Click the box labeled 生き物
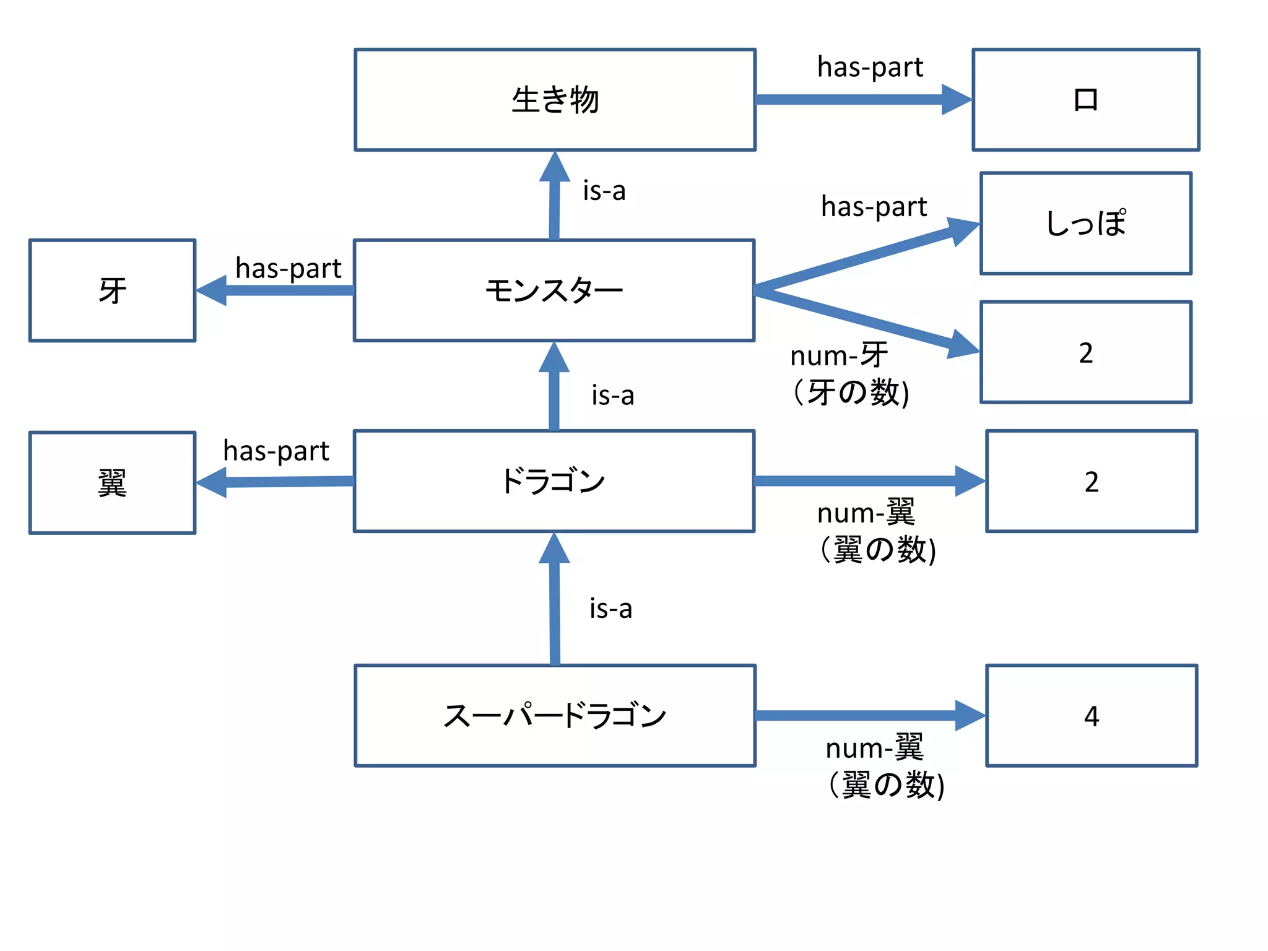555,100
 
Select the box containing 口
1085,100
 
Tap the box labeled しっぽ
1085,224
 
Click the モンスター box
554,290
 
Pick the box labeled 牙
112,290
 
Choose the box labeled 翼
112,483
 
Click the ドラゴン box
554,481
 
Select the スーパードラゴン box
555,716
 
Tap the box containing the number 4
1091,716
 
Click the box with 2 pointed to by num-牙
1085,352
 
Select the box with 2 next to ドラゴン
1091,481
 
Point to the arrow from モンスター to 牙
279,290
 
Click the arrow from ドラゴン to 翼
279,482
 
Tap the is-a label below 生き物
604,191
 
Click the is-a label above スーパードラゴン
610,609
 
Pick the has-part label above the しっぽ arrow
874,206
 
